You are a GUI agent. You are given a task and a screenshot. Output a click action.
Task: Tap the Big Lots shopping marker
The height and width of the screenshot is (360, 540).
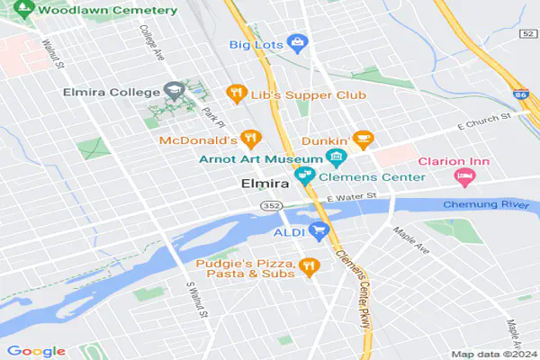[x=298, y=42]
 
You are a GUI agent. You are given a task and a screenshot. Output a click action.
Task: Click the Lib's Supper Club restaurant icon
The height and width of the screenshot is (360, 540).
[x=236, y=92]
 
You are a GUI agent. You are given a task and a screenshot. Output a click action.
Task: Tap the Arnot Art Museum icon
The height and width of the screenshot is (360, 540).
[x=337, y=159]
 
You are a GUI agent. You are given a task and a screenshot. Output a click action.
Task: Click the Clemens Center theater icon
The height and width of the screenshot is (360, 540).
[x=305, y=176]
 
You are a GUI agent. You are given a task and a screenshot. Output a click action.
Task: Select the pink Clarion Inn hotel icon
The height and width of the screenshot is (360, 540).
[x=465, y=176]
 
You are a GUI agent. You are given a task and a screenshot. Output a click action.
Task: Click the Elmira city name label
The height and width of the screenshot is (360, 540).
[x=264, y=184]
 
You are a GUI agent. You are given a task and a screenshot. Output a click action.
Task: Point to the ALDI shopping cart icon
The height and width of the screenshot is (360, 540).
[x=318, y=232]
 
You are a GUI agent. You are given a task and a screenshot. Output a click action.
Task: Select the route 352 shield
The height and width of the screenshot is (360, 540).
[x=273, y=206]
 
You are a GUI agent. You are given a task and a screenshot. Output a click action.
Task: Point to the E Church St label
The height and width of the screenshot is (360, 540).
[x=483, y=121]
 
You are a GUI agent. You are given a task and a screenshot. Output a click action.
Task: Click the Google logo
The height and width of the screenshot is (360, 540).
[x=36, y=350]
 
